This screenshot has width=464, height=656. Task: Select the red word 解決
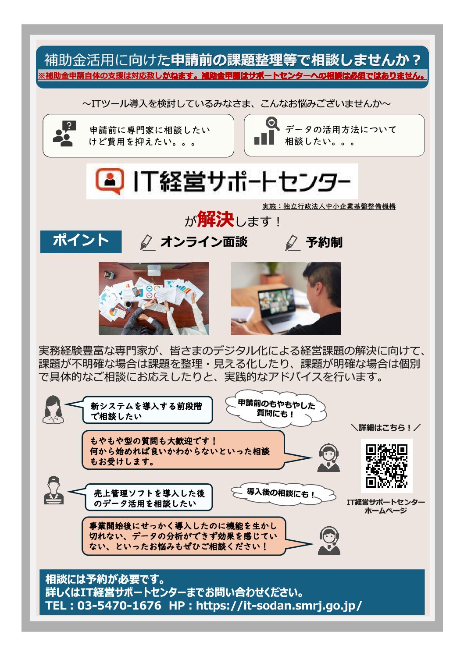pos(215,219)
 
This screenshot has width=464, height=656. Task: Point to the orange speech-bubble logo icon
pos(109,181)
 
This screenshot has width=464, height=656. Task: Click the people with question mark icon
pos(64,134)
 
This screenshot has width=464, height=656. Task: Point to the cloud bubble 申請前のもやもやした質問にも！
pos(276,408)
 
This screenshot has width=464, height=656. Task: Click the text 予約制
pos(324,242)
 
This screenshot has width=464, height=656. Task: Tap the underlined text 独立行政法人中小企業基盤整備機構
pos(339,206)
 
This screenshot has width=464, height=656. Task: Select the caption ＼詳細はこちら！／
pos(386,428)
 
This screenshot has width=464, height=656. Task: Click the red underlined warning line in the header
pos(232,75)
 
